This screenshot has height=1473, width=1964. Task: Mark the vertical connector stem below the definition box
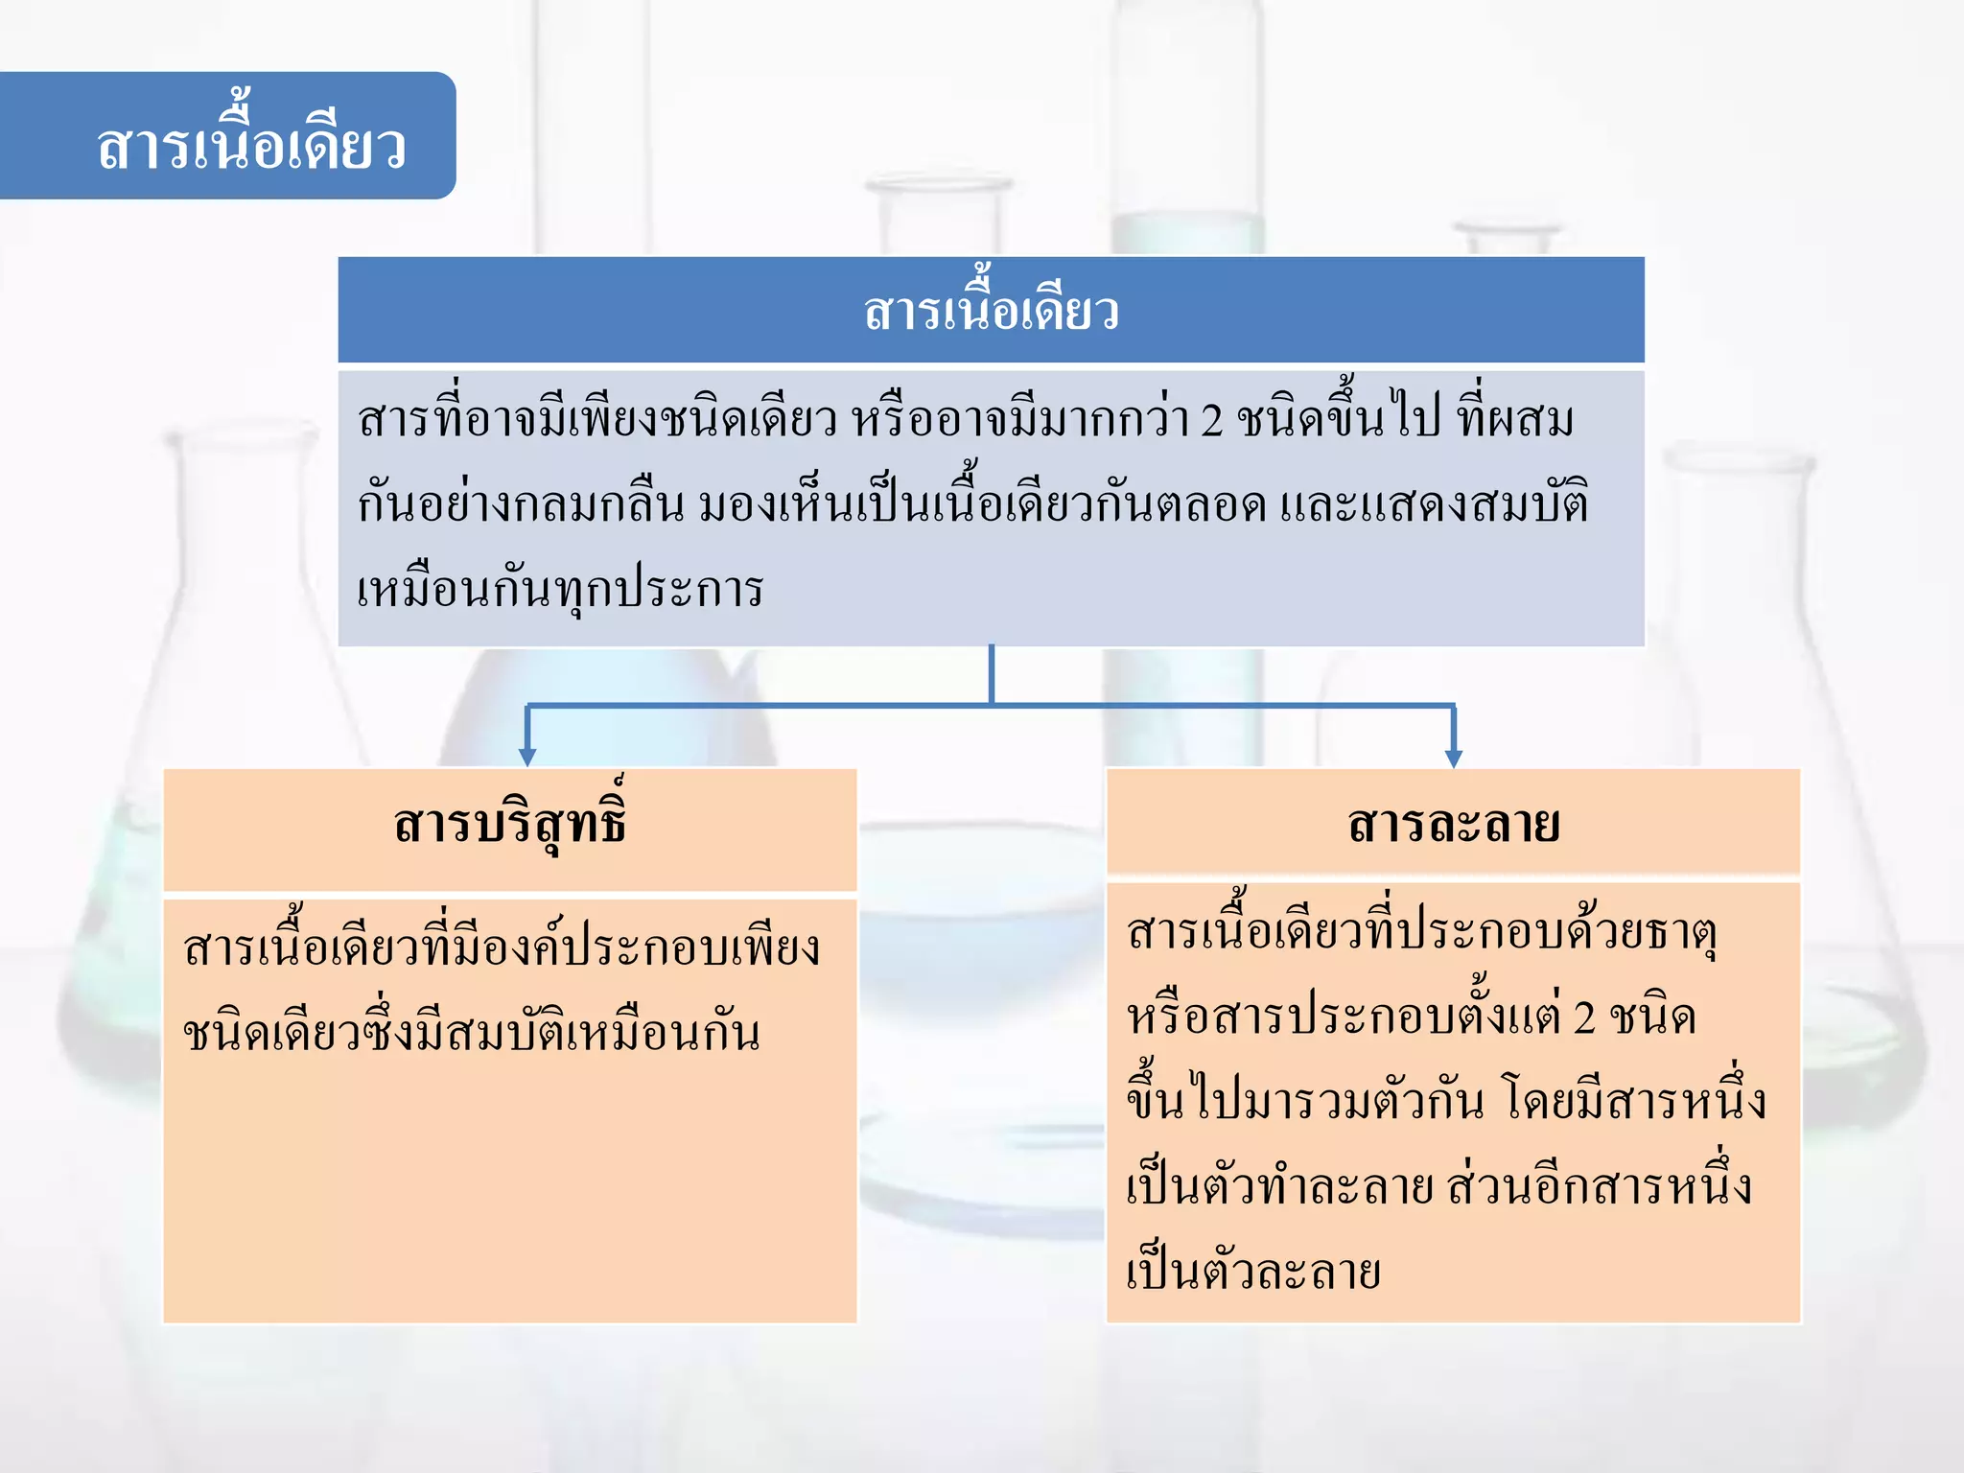[991, 674]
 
